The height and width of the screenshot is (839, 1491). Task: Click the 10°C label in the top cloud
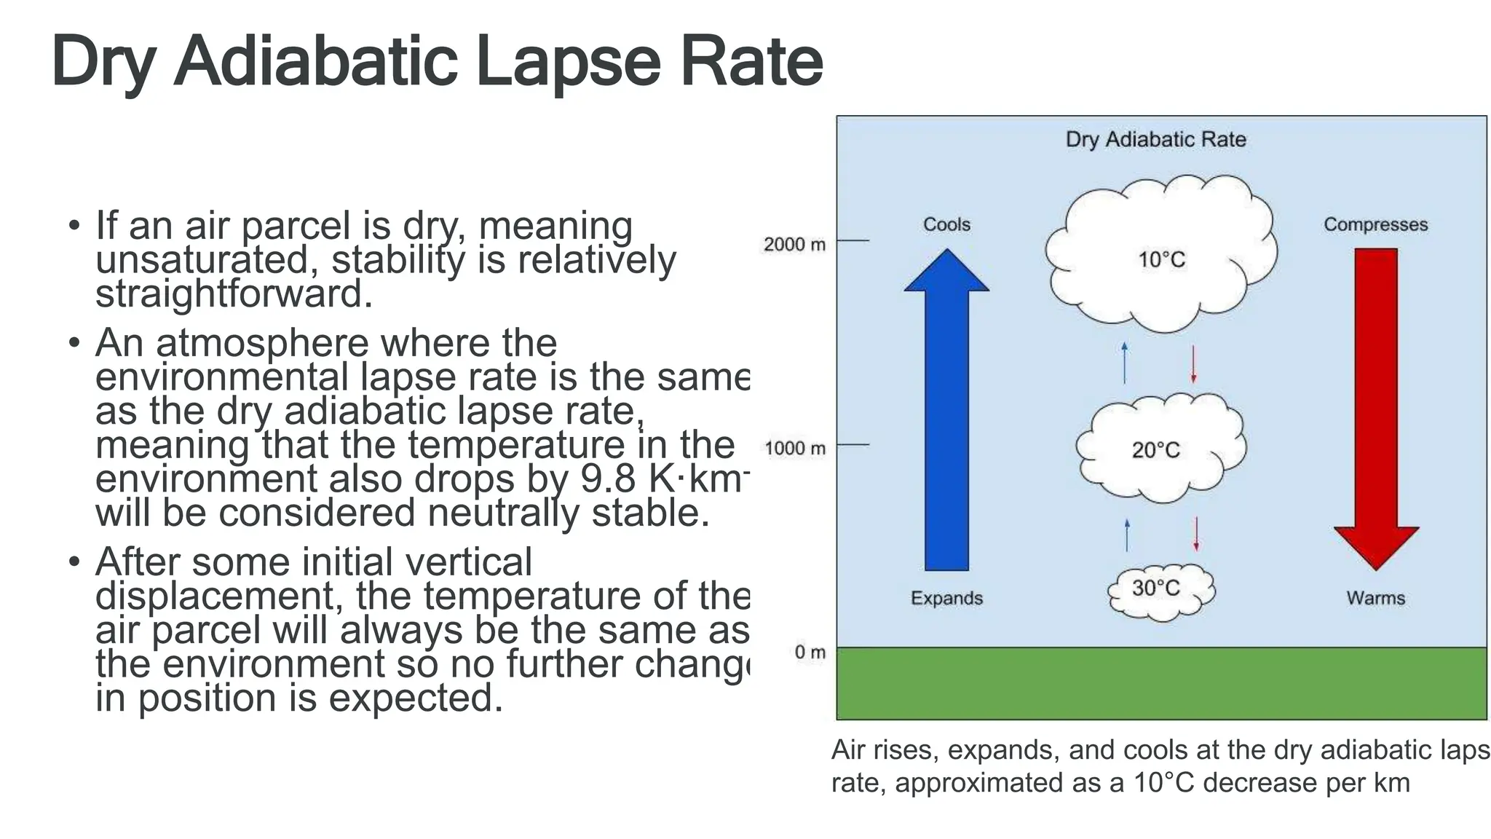[x=1161, y=260]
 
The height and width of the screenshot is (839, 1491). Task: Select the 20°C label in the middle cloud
[x=1155, y=450]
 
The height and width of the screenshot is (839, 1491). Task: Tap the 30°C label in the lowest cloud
[x=1155, y=588]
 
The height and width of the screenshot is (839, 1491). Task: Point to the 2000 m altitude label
[x=794, y=245]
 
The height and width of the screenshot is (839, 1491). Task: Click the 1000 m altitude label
[x=794, y=449]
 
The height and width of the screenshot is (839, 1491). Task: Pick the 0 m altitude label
[x=810, y=652]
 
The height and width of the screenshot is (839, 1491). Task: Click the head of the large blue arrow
[x=946, y=272]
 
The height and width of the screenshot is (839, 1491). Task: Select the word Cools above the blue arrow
[x=946, y=224]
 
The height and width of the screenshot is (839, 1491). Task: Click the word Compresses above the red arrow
[x=1375, y=224]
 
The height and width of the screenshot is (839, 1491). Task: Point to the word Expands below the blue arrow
[x=946, y=598]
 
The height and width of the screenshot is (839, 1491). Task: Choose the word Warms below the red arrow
[x=1375, y=598]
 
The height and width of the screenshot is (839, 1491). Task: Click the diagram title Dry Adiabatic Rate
[x=1155, y=139]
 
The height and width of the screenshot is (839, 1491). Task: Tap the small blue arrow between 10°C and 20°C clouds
[x=1125, y=363]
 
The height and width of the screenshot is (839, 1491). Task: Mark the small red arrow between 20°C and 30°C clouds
[x=1195, y=534]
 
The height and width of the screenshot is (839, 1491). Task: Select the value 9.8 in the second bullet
[x=611, y=479]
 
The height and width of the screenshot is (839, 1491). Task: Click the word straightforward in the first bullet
[x=234, y=294]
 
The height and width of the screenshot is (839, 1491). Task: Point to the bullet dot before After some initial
[x=74, y=562]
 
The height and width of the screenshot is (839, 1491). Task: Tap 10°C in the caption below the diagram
[x=1165, y=783]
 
